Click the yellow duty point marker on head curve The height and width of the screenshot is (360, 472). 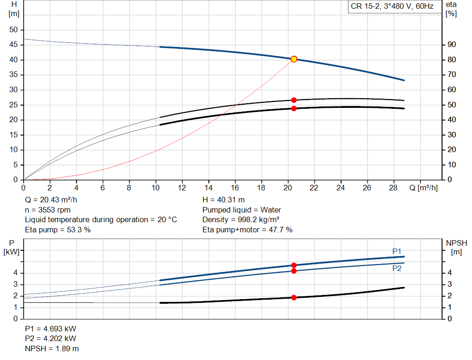click(x=294, y=59)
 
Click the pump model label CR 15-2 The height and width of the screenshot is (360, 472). click(x=392, y=7)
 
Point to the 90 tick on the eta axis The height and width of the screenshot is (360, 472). click(x=452, y=45)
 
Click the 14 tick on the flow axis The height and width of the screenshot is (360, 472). click(x=208, y=188)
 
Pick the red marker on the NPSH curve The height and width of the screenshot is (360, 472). click(x=294, y=297)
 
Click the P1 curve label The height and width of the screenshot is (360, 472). click(x=397, y=251)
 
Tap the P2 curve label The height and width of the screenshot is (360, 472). click(x=397, y=268)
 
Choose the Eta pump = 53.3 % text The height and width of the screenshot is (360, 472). click(x=58, y=230)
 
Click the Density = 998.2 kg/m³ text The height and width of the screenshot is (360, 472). click(x=241, y=220)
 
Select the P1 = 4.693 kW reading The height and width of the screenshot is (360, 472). click(x=51, y=329)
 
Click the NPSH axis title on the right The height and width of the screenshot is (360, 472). click(x=456, y=243)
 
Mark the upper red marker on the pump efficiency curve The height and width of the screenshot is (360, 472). click(x=294, y=100)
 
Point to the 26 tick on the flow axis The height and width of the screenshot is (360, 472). click(x=367, y=188)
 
